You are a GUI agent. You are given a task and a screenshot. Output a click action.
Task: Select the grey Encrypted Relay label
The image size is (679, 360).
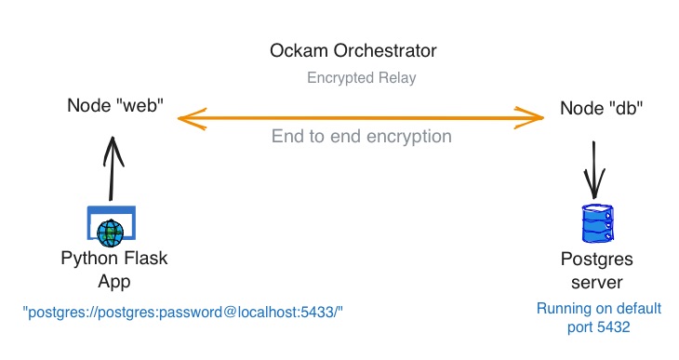pos(361,78)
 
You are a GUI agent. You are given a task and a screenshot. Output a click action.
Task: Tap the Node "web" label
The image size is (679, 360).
pos(115,105)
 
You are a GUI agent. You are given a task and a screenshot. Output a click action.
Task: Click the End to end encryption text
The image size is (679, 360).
pos(361,137)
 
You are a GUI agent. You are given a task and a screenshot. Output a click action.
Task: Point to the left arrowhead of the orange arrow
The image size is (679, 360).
pos(184,118)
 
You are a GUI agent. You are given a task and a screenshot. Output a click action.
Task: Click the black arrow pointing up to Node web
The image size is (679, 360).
pos(112,167)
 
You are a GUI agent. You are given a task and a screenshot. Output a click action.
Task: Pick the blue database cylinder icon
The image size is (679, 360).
pos(594,224)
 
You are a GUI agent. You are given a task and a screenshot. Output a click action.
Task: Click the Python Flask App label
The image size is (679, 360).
pos(114,269)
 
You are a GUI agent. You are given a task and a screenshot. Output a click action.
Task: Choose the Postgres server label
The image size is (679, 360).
pos(598,269)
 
